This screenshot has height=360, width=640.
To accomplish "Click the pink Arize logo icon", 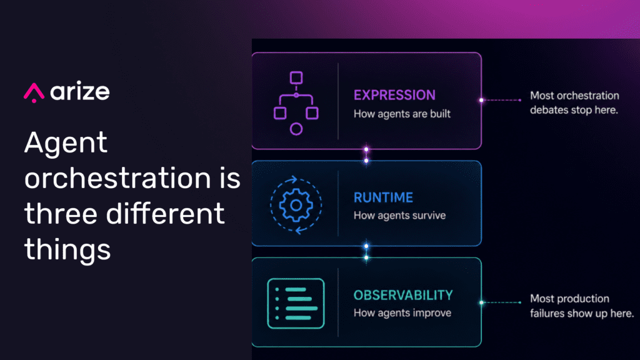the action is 34,92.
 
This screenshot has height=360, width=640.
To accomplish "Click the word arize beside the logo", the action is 80,91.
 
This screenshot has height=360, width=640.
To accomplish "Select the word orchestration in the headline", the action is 117,178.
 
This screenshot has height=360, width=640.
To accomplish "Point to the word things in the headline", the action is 67,249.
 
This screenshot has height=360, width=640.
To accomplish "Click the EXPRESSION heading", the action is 394,95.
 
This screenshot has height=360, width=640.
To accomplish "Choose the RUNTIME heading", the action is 383,197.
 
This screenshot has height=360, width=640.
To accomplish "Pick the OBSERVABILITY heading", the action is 403,295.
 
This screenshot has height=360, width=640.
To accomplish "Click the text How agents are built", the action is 402,114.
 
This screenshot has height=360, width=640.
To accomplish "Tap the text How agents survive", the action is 399,216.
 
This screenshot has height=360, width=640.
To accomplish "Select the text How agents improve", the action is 402,313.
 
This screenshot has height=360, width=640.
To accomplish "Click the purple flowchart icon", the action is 296,103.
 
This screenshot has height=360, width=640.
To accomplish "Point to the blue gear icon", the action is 296,205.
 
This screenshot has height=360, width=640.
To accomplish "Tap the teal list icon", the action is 296,303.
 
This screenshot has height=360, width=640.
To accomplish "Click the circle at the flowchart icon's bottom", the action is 296,129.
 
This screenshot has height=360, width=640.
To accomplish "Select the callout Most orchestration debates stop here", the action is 575,103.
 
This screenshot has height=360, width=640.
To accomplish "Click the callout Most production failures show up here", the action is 582,306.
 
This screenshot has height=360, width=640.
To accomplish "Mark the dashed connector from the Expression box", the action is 501,100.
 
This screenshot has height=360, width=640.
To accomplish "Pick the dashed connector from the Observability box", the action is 501,302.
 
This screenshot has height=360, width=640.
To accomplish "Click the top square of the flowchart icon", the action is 296,77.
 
